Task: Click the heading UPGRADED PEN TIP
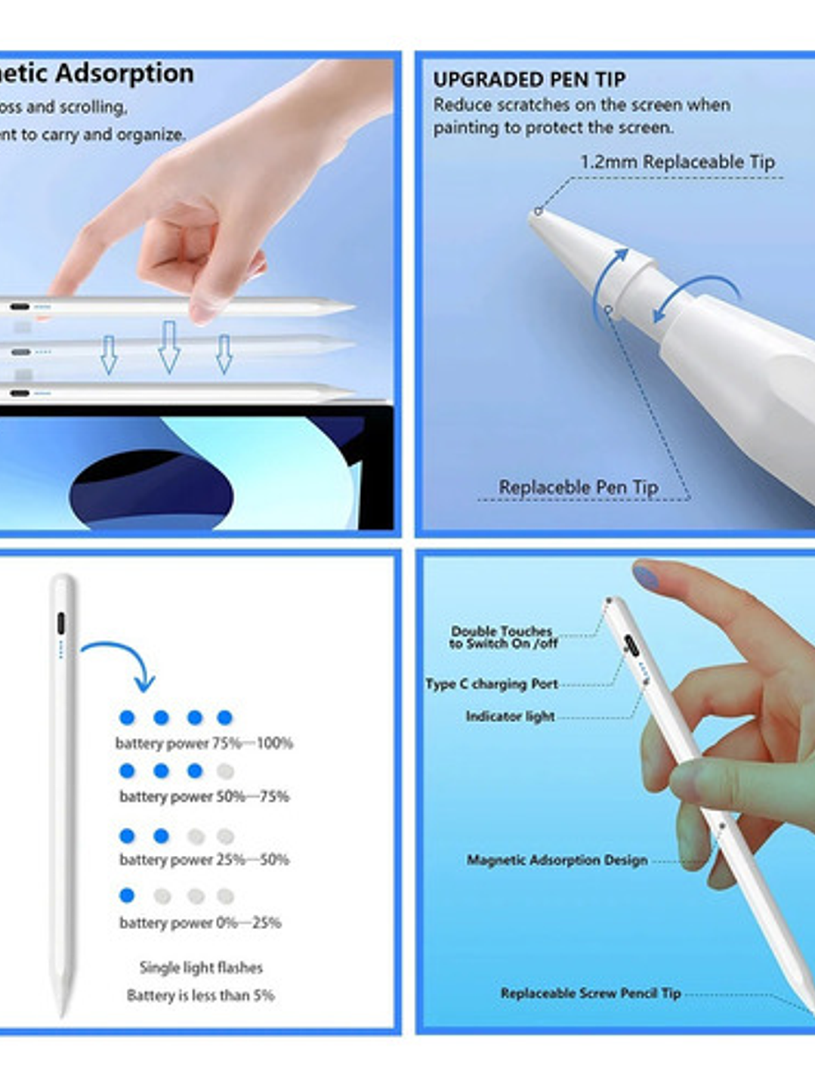point(529,79)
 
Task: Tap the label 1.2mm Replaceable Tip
point(677,162)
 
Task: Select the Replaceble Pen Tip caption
point(578,487)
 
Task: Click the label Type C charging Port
point(491,684)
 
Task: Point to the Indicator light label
point(510,716)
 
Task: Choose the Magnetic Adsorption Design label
point(557,860)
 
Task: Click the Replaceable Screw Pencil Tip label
point(590,993)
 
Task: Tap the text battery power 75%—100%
point(204,743)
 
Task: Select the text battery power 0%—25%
point(200,922)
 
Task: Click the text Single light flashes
point(201,968)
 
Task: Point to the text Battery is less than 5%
point(200,996)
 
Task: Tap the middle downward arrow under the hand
point(168,346)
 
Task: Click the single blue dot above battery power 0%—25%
point(127,895)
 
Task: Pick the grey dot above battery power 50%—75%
point(225,771)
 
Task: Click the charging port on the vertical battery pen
point(60,624)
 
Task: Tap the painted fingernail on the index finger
point(646,577)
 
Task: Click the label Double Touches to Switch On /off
point(502,637)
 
